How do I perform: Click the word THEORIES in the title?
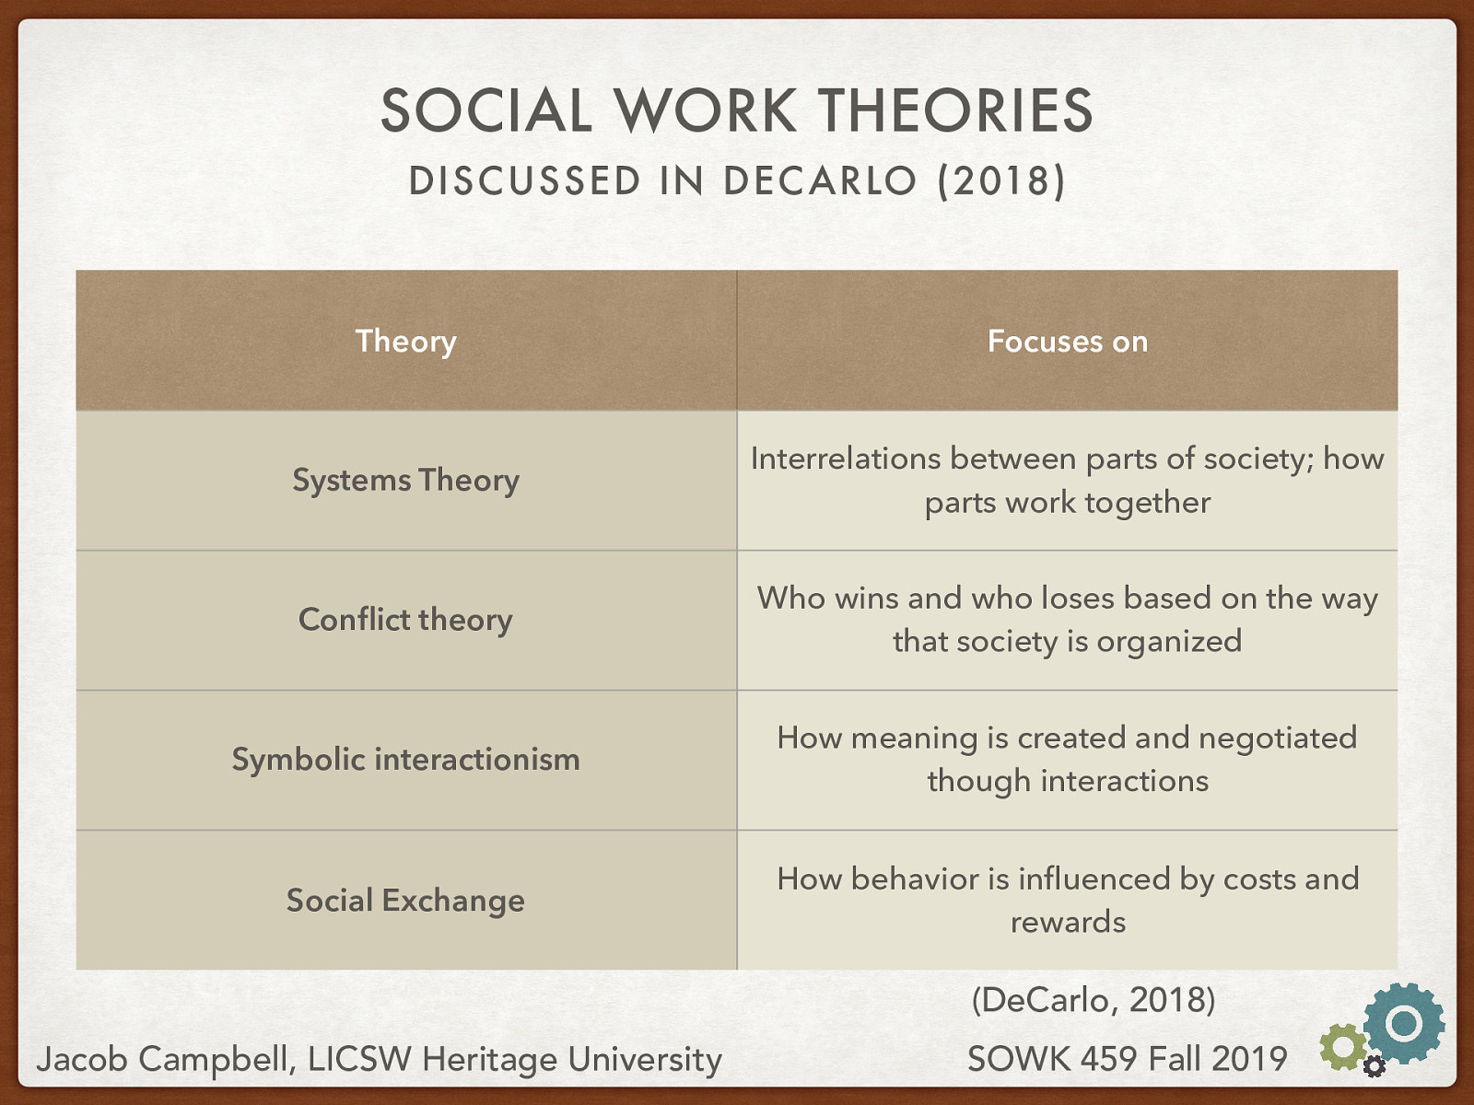click(x=955, y=111)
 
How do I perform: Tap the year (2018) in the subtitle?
click(x=1001, y=180)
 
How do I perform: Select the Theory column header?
click(x=405, y=342)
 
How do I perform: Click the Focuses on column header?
click(x=1067, y=342)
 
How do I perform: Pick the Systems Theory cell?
click(x=405, y=481)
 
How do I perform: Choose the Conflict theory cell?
click(x=405, y=620)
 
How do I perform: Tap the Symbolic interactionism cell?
click(x=405, y=760)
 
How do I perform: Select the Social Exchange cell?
click(x=405, y=900)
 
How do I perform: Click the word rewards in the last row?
click(x=1068, y=922)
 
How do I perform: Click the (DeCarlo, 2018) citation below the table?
click(x=1094, y=999)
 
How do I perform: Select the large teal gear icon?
click(x=1403, y=1023)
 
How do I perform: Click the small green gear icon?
click(x=1342, y=1047)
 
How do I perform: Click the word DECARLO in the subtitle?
click(x=820, y=180)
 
